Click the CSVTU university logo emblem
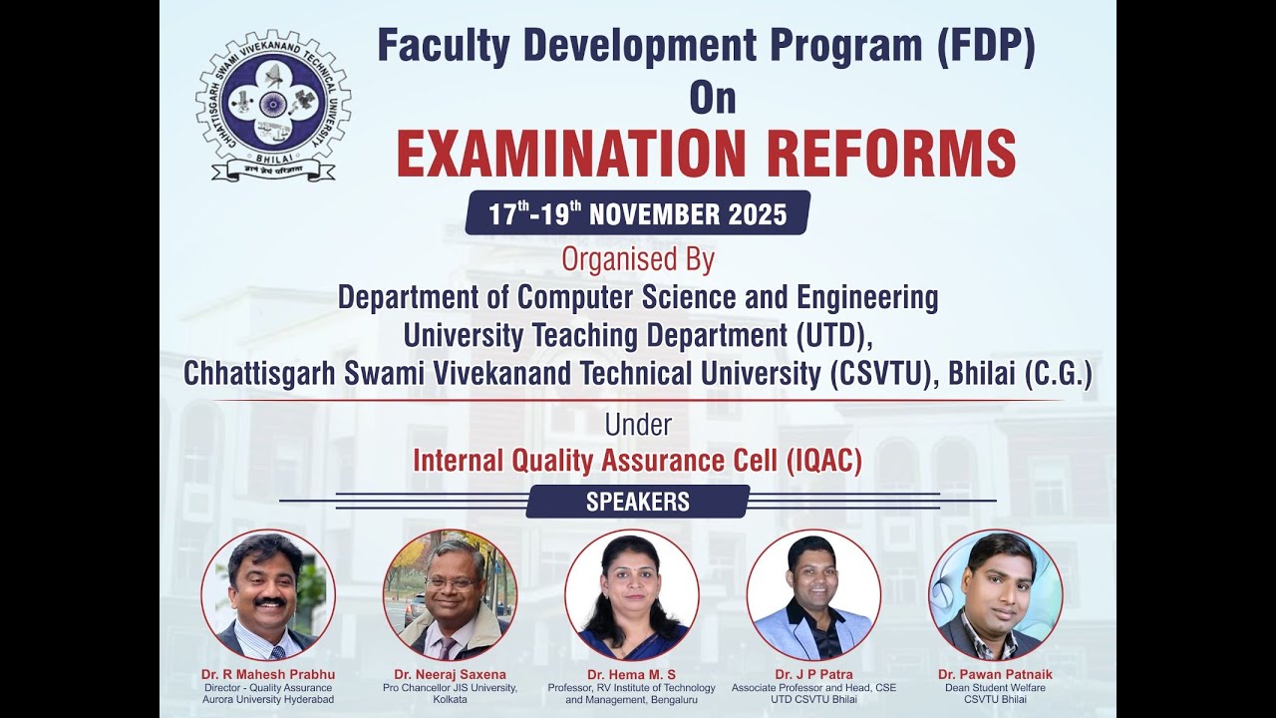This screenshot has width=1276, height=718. point(272,105)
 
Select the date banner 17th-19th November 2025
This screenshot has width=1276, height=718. point(638,213)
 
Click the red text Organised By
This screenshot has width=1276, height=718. point(638,259)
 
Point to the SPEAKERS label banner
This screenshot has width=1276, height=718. point(638,502)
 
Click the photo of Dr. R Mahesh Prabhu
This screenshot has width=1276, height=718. point(268,595)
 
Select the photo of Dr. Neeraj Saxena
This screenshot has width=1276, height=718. point(450,595)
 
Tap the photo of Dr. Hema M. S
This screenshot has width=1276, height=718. point(631,595)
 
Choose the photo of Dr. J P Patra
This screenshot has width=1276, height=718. point(813,595)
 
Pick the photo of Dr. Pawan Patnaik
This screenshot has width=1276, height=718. point(995,595)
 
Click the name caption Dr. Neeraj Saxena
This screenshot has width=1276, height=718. point(450,675)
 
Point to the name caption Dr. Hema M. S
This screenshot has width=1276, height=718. point(631,675)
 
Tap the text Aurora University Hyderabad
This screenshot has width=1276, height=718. point(268,700)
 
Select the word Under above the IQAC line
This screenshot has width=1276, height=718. point(638,425)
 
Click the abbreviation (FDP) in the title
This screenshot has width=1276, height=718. point(985,47)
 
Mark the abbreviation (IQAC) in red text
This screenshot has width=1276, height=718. point(823,461)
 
